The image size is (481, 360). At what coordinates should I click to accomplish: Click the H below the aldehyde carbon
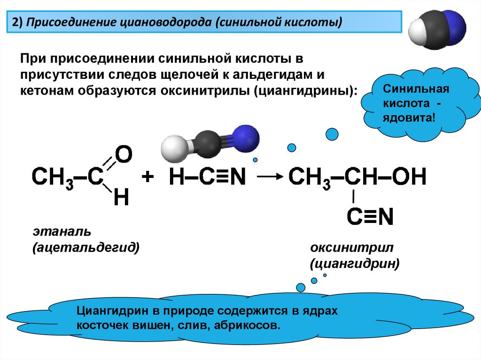[121, 199]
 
